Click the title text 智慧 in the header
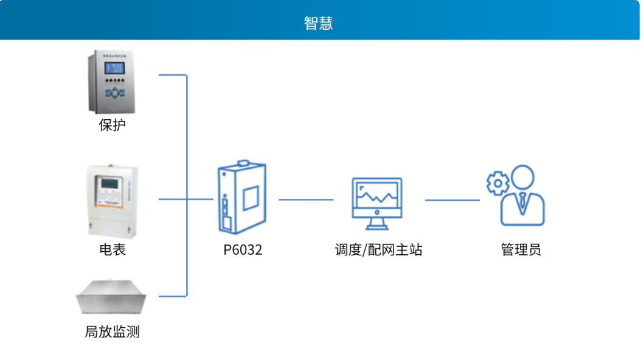click(319, 23)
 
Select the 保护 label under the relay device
click(112, 125)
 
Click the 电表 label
click(112, 249)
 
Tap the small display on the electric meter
click(111, 183)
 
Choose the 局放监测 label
click(112, 332)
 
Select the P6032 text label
click(243, 249)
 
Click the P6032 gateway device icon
click(241, 197)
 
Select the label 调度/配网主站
click(378, 249)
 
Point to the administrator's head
click(524, 178)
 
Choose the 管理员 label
click(521, 249)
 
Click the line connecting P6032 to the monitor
click(306, 199)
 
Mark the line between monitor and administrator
click(452, 199)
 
